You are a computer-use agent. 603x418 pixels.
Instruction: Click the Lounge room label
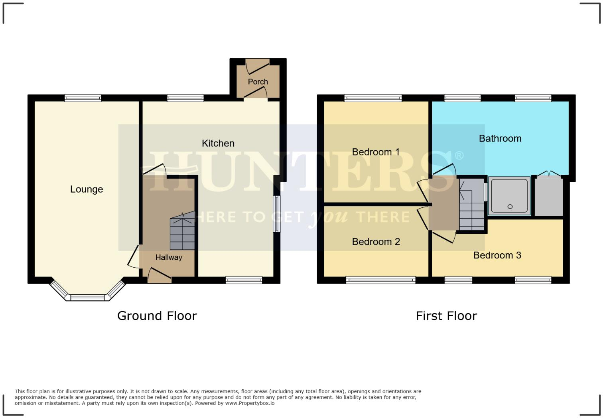tap(87, 189)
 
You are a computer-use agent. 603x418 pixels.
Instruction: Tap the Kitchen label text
tap(218, 143)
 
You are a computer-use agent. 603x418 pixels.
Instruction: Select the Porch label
tap(258, 82)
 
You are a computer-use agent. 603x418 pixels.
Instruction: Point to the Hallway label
tap(169, 258)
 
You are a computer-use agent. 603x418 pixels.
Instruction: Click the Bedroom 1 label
tap(376, 152)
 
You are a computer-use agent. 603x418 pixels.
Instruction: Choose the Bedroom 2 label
tap(376, 242)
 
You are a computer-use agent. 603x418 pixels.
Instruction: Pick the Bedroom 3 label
tap(497, 255)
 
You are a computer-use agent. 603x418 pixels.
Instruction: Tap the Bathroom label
tap(500, 138)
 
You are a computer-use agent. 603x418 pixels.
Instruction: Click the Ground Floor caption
tap(157, 316)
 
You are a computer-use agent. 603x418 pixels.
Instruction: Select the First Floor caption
tap(446, 316)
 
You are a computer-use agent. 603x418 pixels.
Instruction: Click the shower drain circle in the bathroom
tap(510, 207)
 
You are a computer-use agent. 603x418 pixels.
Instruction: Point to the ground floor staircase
tap(182, 233)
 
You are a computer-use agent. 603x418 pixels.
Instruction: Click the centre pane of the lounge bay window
tap(87, 298)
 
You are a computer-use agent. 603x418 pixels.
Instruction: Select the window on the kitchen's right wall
tap(276, 214)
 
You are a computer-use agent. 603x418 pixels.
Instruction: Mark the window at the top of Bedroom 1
tap(373, 98)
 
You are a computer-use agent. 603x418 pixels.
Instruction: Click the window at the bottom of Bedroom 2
tap(380, 280)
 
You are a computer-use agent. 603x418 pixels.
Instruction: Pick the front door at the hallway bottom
tap(159, 275)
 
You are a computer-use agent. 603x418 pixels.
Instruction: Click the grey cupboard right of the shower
tap(549, 197)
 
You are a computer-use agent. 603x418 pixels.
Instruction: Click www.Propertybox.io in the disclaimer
tap(250, 403)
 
